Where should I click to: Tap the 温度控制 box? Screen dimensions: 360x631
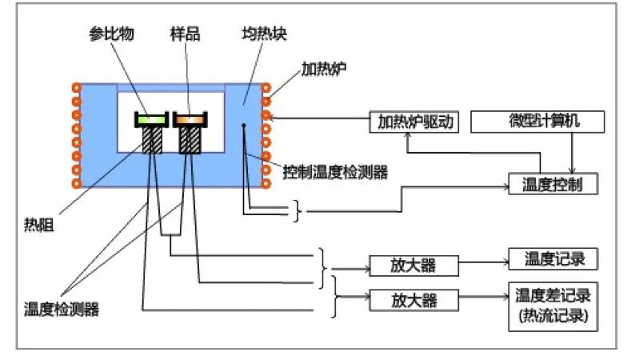[552, 184]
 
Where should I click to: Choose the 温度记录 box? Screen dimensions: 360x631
[552, 259]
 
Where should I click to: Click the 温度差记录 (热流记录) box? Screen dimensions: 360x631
[552, 305]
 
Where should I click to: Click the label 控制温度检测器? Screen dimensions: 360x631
[335, 171]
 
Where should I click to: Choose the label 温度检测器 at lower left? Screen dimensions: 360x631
[62, 309]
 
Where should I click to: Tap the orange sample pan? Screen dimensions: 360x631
[190, 119]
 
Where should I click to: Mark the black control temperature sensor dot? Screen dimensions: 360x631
[244, 125]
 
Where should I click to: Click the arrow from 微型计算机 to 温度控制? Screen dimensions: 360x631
[571, 152]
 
